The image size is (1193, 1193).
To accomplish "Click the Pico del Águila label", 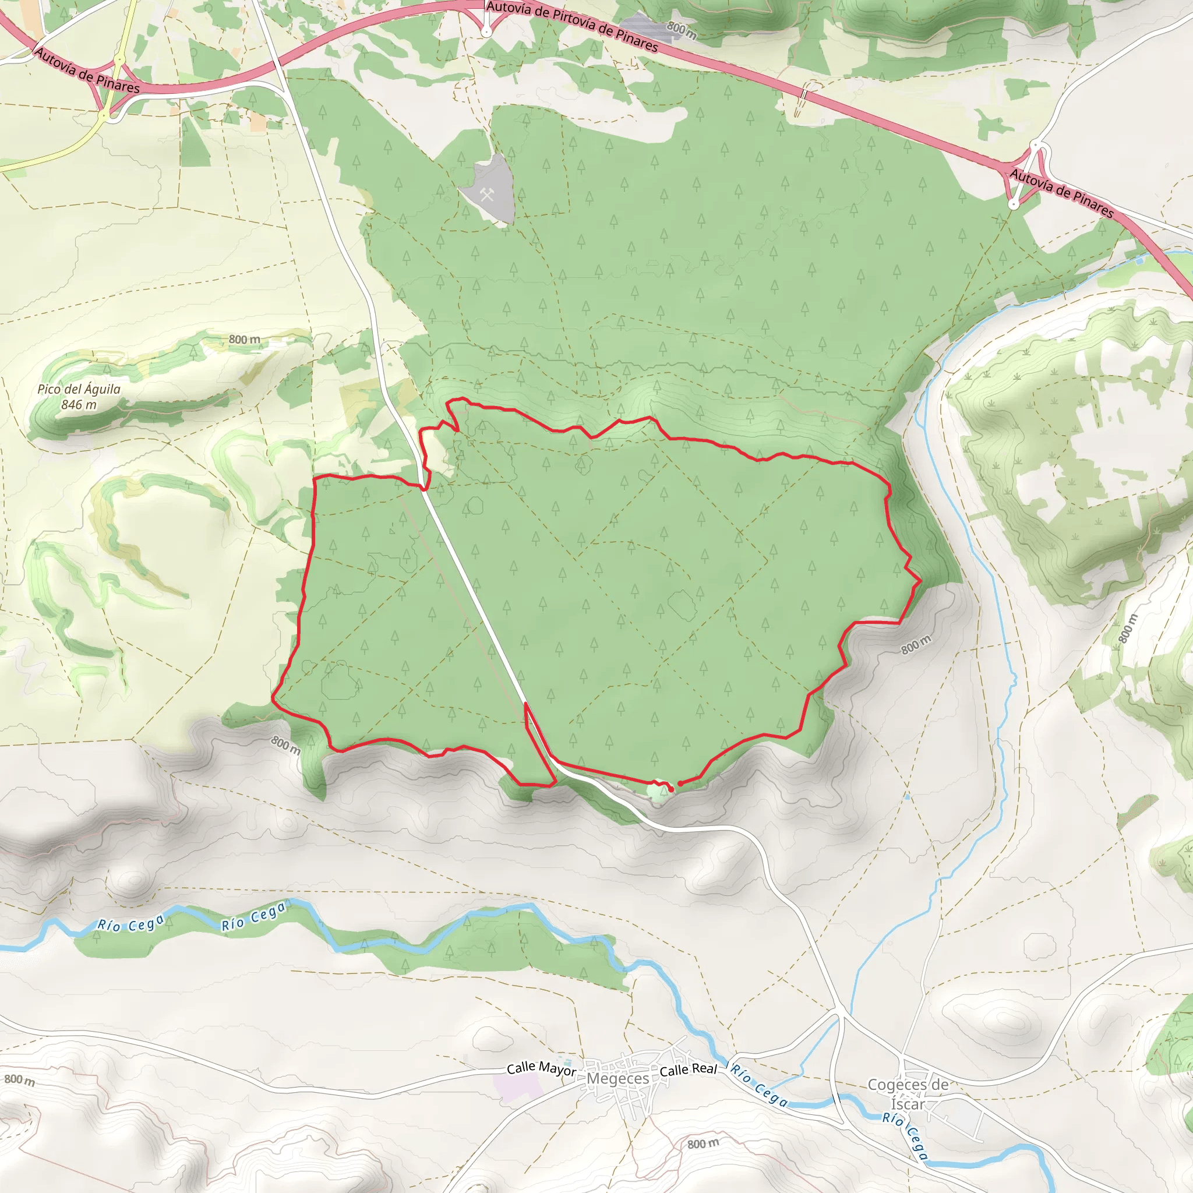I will click(79, 389).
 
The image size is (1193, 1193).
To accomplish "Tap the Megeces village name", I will click(618, 1079).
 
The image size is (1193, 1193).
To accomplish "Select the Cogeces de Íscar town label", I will click(908, 1093).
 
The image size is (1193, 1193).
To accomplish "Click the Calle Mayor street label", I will click(542, 1069).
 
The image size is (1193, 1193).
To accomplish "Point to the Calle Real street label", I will click(689, 1070).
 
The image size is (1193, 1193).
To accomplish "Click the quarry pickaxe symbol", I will click(487, 195).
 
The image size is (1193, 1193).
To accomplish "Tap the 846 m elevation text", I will click(79, 405).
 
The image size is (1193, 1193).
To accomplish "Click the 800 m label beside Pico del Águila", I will click(245, 340).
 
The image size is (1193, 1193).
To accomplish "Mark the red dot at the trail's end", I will click(680, 783).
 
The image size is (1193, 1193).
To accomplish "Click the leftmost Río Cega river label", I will click(132, 923).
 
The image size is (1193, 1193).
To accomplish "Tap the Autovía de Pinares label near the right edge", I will click(1061, 194).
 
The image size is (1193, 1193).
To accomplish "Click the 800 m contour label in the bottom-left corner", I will click(20, 1080).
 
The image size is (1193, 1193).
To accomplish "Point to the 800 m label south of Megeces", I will click(703, 1143).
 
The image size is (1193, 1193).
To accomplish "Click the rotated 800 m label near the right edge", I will click(1128, 629).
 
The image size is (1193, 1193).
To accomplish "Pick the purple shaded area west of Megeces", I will click(517, 1088).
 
